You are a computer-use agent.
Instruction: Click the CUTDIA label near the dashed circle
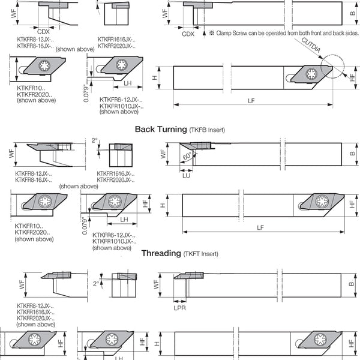click(x=311, y=45)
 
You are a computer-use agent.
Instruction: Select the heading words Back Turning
click(x=161, y=129)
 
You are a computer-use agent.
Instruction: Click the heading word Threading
click(x=161, y=253)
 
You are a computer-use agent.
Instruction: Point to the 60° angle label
click(x=187, y=156)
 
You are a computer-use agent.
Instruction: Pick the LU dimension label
click(x=186, y=176)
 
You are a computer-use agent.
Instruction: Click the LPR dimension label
click(x=180, y=308)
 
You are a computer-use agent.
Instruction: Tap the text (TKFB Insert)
click(x=207, y=130)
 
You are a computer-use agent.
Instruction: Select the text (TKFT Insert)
click(x=200, y=254)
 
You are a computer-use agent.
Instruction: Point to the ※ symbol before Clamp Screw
click(x=212, y=33)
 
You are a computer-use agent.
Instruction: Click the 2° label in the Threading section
click(x=96, y=284)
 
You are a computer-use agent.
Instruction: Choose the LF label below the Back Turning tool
click(x=260, y=227)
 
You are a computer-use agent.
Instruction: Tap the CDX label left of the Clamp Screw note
click(x=188, y=34)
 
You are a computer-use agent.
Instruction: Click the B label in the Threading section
click(x=352, y=284)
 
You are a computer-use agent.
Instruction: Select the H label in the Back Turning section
click(x=163, y=205)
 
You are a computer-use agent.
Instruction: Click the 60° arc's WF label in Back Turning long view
click(x=163, y=154)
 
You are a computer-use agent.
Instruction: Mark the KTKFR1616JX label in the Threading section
click(x=35, y=312)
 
